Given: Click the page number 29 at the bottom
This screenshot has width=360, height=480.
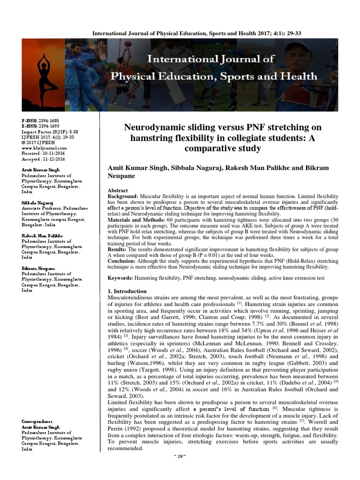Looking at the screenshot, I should click(x=180, y=469).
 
